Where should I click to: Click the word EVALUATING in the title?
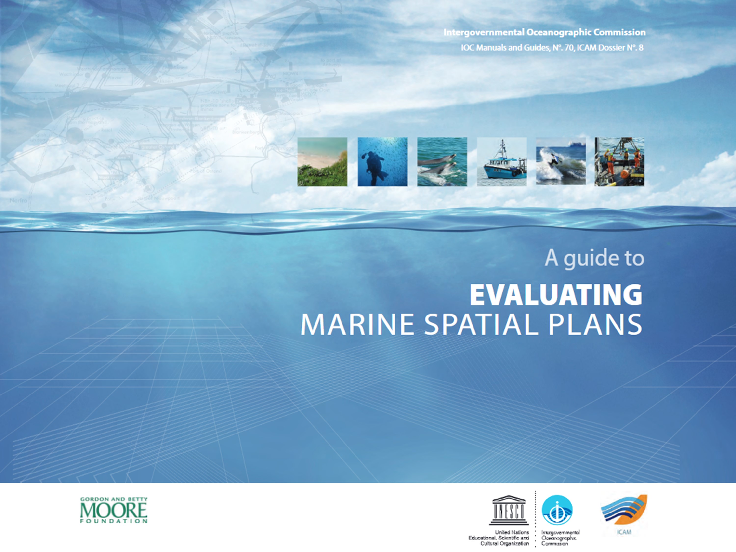pyautogui.click(x=556, y=295)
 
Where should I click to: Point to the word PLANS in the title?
pyautogui.click(x=595, y=325)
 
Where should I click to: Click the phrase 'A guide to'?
pyautogui.click(x=594, y=258)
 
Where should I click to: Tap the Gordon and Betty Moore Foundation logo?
pyautogui.click(x=114, y=510)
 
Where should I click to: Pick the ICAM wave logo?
pyautogui.click(x=624, y=509)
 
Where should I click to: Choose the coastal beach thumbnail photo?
pyautogui.click(x=322, y=162)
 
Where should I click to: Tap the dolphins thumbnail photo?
pyautogui.click(x=442, y=162)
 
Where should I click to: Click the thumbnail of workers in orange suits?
pyautogui.click(x=619, y=162)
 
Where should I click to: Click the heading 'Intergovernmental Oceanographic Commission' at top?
pyautogui.click(x=544, y=32)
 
